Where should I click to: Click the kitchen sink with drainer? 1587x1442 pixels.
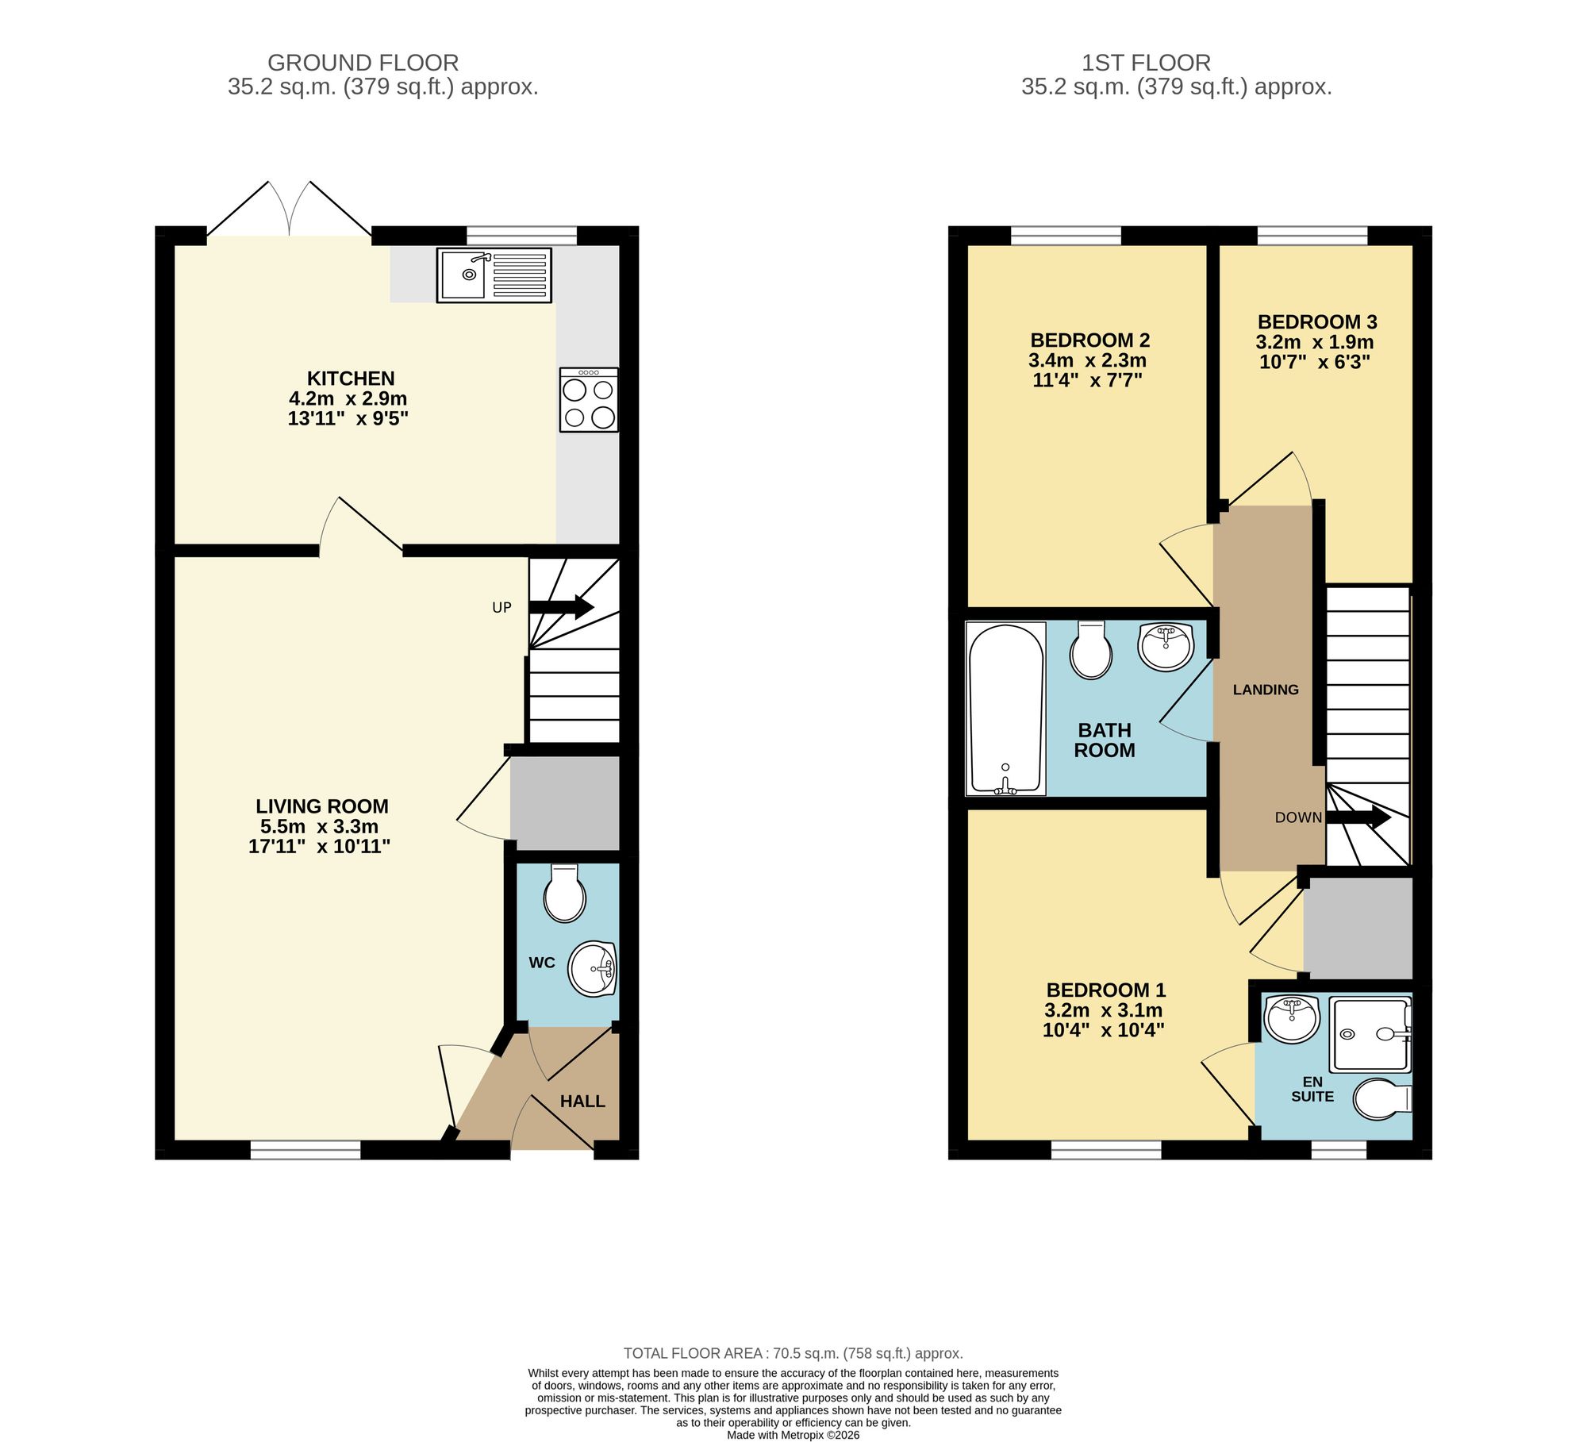[494, 275]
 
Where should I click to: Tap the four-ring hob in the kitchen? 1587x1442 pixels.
[588, 400]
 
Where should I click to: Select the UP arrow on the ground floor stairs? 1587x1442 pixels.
[561, 607]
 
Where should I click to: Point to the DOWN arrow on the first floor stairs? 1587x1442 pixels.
[1358, 817]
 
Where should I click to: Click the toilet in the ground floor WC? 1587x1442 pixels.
[564, 894]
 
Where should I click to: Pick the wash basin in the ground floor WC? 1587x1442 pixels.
[593, 968]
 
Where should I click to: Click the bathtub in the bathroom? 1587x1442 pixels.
[1005, 709]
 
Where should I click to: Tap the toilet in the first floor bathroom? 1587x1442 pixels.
[1091, 650]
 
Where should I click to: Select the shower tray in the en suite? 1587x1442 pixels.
[1370, 1034]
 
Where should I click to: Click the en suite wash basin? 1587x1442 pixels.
[1291, 1019]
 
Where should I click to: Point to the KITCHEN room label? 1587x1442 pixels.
[351, 379]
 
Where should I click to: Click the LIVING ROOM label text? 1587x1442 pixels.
[321, 806]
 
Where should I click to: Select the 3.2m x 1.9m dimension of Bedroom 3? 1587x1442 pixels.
[1315, 342]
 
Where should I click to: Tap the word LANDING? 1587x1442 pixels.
[1266, 690]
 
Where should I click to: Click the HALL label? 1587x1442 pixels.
[582, 1101]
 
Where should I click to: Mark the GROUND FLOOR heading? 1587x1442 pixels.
[363, 63]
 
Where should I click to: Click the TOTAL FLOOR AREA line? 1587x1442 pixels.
[793, 1353]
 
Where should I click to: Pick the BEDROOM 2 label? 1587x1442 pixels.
[1089, 340]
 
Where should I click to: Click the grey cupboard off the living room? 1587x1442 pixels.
[564, 802]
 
